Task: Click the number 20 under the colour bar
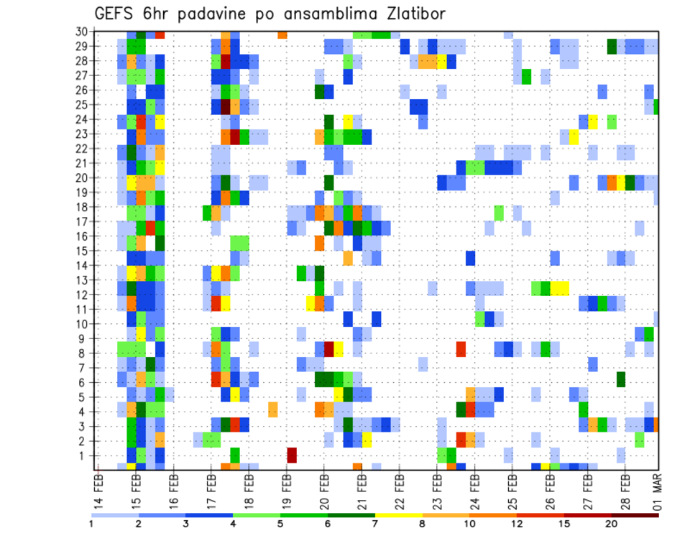(x=612, y=524)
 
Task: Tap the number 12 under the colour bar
(x=517, y=524)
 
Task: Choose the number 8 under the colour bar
(x=422, y=524)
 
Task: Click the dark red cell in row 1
(x=292, y=455)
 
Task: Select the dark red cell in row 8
(x=329, y=349)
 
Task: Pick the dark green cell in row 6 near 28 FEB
(x=621, y=379)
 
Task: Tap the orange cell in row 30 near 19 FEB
(x=282, y=34)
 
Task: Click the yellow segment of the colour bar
(x=399, y=515)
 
